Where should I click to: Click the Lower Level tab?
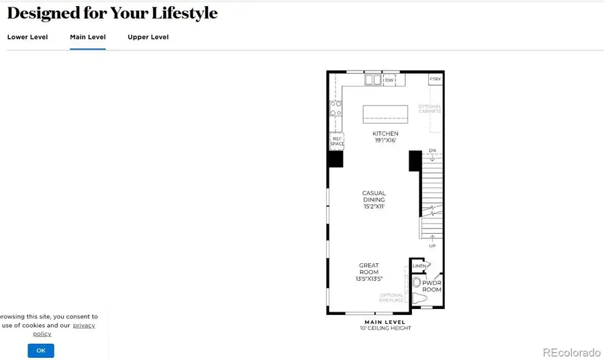(28, 37)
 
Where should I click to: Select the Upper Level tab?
(148, 37)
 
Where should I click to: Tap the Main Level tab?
(88, 37)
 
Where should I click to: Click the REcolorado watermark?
(571, 352)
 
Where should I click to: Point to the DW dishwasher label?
(389, 81)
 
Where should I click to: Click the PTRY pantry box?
(436, 79)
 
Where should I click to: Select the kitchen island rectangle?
(385, 114)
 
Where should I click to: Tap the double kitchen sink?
(373, 81)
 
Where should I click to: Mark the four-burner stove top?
(335, 109)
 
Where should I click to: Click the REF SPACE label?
(336, 142)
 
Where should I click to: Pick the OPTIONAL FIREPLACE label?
(392, 298)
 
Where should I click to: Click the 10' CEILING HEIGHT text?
(385, 328)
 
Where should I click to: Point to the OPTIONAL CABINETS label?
(430, 109)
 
